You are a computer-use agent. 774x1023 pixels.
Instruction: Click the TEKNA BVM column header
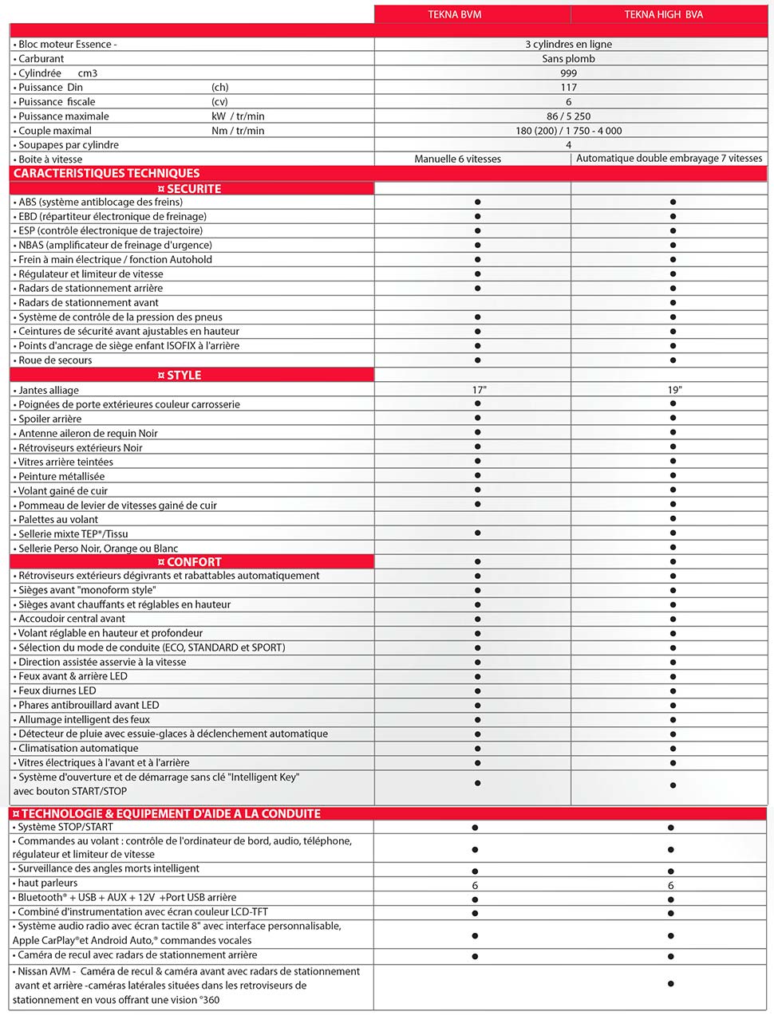[455, 14]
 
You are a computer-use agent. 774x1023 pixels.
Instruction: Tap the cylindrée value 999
[568, 73]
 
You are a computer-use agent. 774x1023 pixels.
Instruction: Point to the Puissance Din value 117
[568, 88]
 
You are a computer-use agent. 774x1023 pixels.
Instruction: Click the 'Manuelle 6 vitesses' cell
[458, 159]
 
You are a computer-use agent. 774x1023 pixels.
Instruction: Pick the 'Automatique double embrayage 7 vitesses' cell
[669, 159]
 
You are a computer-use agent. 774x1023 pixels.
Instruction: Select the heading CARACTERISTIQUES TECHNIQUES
[106, 174]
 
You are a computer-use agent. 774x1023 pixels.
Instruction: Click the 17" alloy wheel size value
[479, 391]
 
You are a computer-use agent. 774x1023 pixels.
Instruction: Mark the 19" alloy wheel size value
[675, 391]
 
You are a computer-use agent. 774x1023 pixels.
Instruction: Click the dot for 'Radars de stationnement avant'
[673, 303]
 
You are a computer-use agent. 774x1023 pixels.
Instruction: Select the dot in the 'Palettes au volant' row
[673, 519]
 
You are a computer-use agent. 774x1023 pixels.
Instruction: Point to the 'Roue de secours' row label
[55, 360]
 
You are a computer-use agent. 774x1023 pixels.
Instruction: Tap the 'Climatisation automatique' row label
[78, 749]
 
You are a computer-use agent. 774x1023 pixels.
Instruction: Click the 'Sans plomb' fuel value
[568, 59]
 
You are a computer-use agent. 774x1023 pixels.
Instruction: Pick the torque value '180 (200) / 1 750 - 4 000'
[568, 131]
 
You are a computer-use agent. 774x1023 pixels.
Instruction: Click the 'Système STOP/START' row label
[65, 828]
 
